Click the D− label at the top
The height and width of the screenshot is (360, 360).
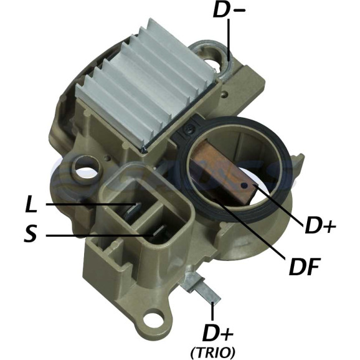(229, 10)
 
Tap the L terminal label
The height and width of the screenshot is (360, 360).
(31, 204)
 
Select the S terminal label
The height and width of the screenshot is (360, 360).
(31, 233)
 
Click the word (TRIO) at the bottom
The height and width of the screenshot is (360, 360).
(213, 351)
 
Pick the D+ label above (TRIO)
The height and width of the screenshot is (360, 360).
(217, 333)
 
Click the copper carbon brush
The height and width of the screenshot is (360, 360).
(225, 174)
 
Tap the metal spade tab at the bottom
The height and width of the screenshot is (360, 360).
(201, 288)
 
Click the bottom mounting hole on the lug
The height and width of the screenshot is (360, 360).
(154, 318)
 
